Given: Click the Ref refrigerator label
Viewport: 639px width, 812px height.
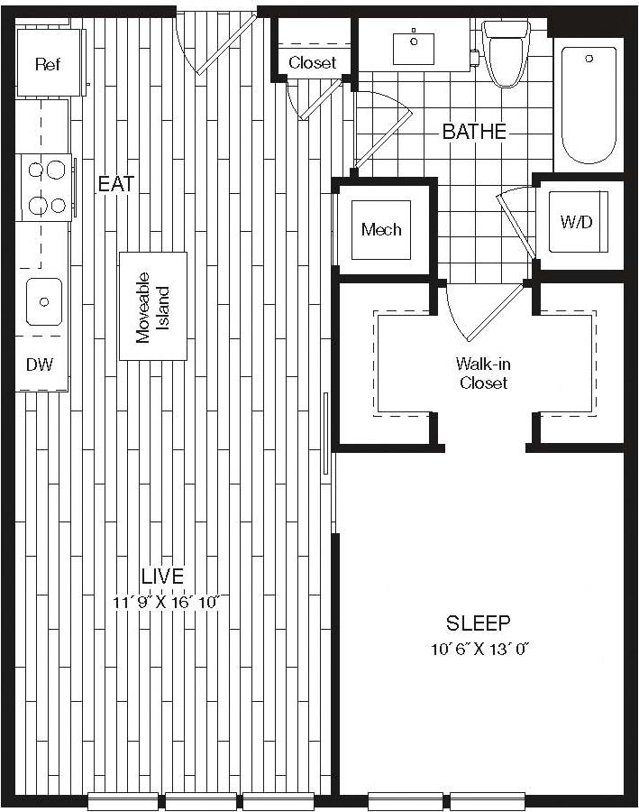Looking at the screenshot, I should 47,64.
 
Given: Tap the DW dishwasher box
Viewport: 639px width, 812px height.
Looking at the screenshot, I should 40,364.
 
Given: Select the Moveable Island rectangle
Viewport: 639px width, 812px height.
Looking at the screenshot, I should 153,306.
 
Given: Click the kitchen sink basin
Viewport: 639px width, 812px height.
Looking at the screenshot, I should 43,301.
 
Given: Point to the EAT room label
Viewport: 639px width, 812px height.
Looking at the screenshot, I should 116,184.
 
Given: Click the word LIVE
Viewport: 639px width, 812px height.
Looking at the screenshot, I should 162,576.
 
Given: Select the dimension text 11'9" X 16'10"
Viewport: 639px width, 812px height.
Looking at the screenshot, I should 167,602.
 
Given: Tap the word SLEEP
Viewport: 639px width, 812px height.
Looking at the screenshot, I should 479,623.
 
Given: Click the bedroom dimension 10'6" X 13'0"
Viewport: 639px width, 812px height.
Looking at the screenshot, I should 479,649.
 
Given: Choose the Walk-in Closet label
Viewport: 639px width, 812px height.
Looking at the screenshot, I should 482,374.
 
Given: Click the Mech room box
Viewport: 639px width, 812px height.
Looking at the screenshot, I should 381,229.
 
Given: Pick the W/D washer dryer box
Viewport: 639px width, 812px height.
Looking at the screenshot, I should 577,222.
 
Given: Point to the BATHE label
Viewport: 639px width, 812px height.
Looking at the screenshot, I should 474,132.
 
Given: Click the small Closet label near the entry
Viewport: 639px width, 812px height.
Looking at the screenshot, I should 312,62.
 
